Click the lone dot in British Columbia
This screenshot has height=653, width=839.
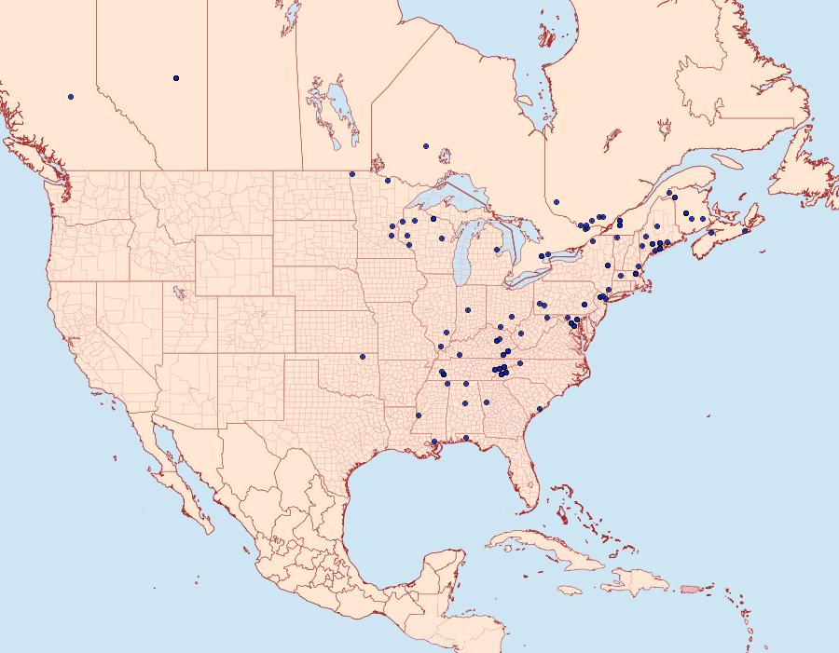[x=71, y=96]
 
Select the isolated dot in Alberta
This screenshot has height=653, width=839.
[x=176, y=77]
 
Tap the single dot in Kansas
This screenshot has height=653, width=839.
[x=363, y=356]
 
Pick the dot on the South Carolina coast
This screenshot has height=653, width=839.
[x=540, y=409]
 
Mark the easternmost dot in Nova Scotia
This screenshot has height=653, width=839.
[x=746, y=231]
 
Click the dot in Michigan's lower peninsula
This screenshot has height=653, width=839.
[x=497, y=249]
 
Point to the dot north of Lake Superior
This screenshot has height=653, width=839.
[x=425, y=146]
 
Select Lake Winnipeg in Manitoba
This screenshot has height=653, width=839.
[x=340, y=107]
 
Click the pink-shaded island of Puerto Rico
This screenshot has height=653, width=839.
[x=690, y=588]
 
